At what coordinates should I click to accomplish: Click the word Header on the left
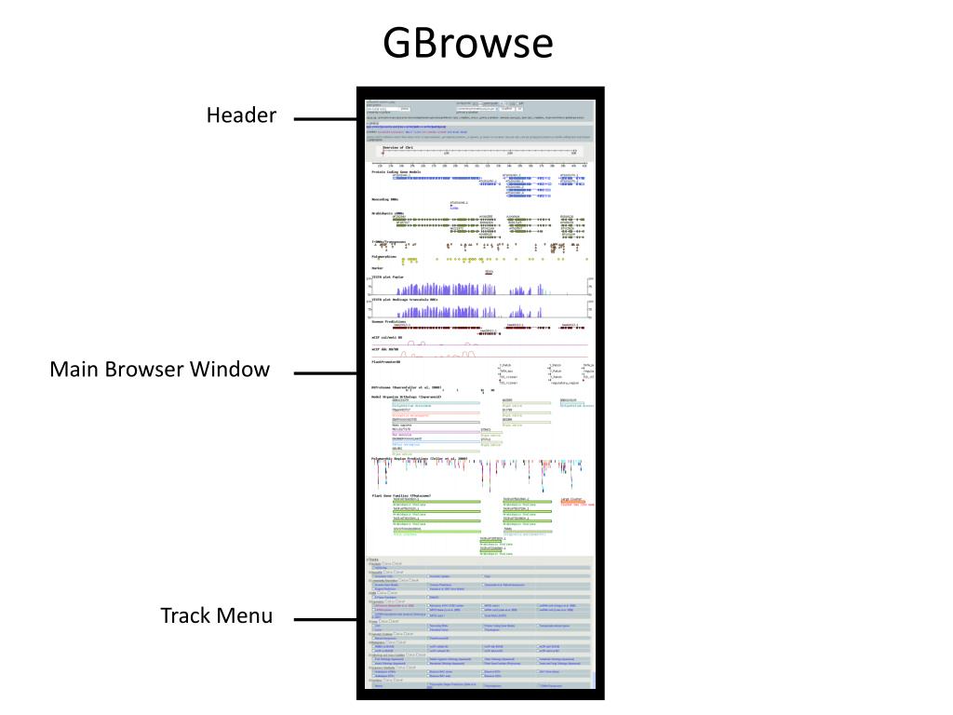coord(241,115)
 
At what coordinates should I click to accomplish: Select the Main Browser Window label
coord(159,370)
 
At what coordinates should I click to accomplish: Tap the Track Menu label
coord(217,615)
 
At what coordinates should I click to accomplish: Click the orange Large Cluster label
coord(570,500)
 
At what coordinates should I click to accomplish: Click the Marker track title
coord(377,268)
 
